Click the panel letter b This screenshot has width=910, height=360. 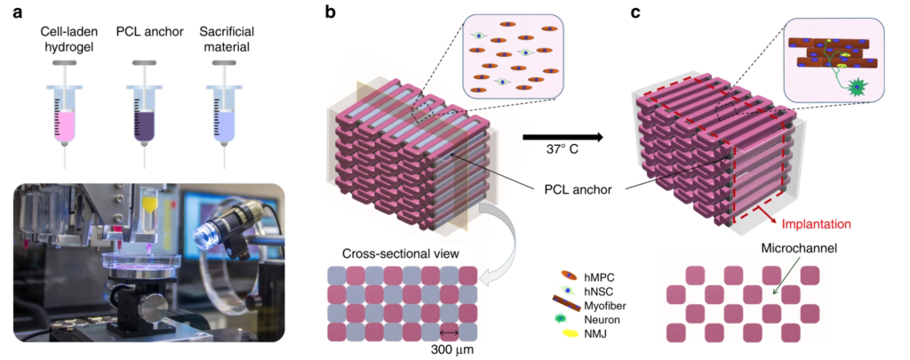click(x=331, y=13)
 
